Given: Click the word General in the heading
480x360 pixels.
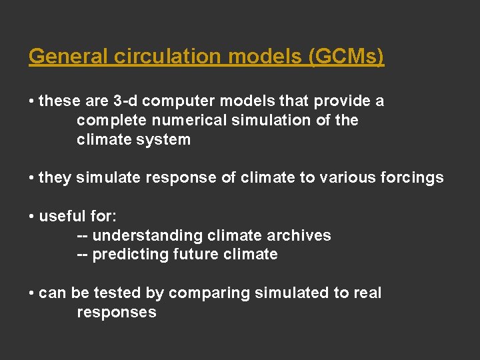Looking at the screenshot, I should (x=69, y=57).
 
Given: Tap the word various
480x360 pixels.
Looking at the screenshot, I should (x=342, y=178).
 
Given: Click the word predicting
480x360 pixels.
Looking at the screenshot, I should (x=130, y=255).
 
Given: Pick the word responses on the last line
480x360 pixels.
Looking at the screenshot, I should (x=117, y=313).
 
